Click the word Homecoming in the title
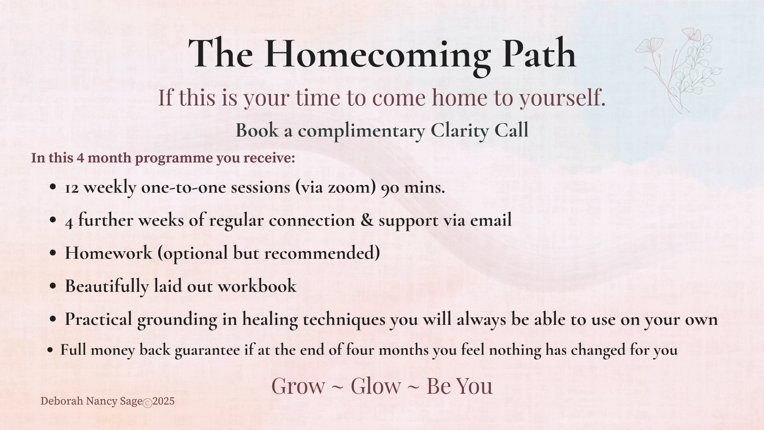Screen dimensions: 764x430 (377, 54)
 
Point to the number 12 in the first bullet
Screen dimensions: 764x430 (72, 188)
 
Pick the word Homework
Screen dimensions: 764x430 (109, 253)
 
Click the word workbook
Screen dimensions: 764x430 (257, 286)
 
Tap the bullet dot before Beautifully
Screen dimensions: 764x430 (53, 286)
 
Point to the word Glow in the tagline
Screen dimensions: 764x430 (376, 386)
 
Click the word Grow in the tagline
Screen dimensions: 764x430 (298, 386)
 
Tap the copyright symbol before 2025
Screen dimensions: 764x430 (147, 403)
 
